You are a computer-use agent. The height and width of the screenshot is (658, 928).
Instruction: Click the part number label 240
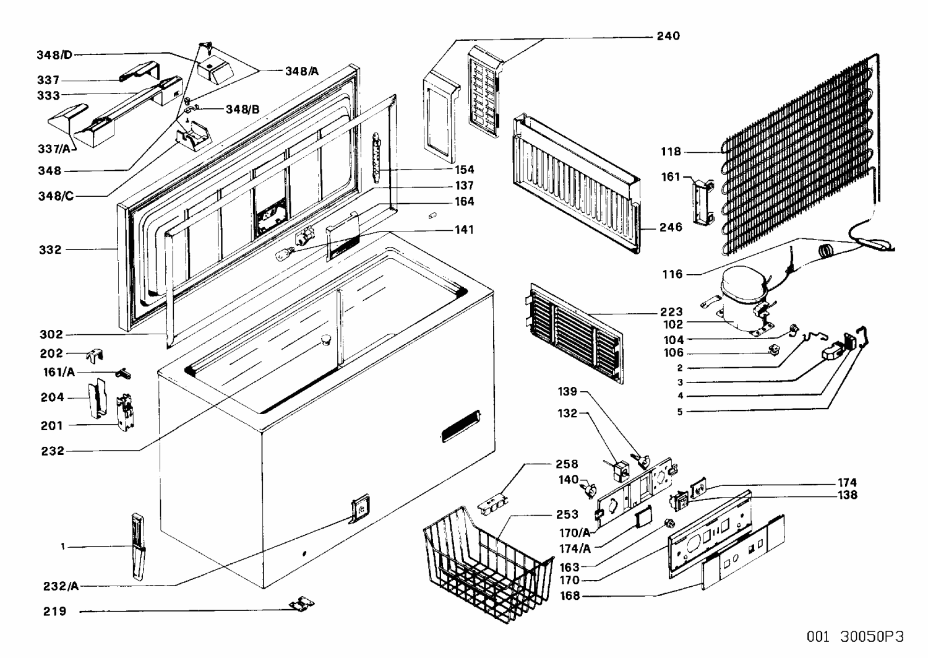(x=668, y=36)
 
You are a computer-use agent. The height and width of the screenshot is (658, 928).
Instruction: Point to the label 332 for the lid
(x=50, y=250)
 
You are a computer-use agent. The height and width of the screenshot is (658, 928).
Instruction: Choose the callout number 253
(x=567, y=514)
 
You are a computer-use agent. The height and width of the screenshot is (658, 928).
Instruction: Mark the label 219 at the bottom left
(x=54, y=612)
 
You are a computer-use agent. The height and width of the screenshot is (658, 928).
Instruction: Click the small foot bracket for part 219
(x=302, y=604)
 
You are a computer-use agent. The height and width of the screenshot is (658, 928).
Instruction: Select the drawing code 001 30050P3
(x=855, y=636)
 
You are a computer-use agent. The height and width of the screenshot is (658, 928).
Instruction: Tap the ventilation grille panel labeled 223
(x=575, y=333)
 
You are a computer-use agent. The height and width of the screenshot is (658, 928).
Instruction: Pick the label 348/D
(x=54, y=55)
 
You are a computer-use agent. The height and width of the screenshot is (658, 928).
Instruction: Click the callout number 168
(x=569, y=596)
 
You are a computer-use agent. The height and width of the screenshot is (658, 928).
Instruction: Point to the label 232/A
(x=61, y=586)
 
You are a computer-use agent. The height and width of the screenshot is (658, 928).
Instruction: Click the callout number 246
(x=671, y=227)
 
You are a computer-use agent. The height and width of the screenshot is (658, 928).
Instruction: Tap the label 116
(x=672, y=274)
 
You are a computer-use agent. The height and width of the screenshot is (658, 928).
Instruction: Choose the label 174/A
(x=575, y=549)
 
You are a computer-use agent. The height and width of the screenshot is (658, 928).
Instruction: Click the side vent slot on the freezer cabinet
(x=460, y=426)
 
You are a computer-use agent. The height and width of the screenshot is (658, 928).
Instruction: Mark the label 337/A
(x=54, y=149)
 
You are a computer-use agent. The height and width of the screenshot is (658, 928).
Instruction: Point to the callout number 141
(x=463, y=230)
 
